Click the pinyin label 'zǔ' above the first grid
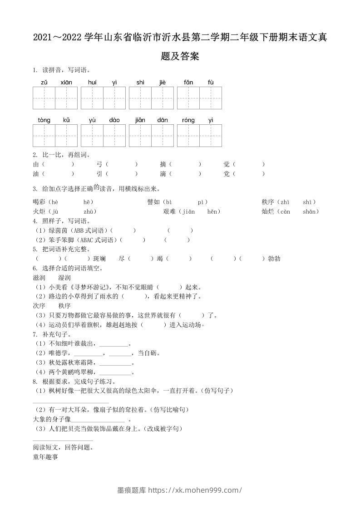(x=44, y=83)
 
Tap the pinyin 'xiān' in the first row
(x=66, y=83)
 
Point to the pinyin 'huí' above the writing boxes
(x=92, y=83)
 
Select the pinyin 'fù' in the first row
(x=211, y=83)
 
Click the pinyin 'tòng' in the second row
(x=44, y=120)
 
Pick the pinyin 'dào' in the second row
(x=114, y=120)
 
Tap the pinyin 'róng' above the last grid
(x=188, y=120)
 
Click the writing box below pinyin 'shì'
(x=140, y=98)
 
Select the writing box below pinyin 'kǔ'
(x=66, y=136)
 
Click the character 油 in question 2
(x=36, y=174)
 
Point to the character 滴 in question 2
(x=163, y=174)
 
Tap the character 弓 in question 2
(x=99, y=164)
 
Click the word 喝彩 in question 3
(x=39, y=202)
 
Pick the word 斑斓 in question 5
(x=100, y=259)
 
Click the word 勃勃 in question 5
(x=274, y=259)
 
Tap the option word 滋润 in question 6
(x=39, y=277)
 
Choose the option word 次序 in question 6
(x=39, y=306)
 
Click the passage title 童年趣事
(x=45, y=457)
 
